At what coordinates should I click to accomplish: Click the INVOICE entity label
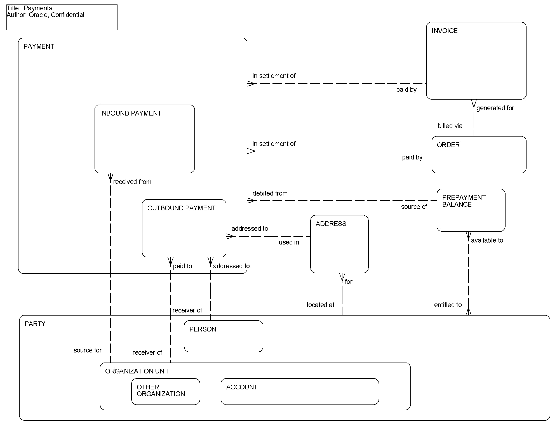point(444,31)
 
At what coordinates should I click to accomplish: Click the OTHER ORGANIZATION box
point(165,391)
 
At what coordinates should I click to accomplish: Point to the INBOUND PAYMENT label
point(130,113)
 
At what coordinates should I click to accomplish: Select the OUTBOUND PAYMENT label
point(181,208)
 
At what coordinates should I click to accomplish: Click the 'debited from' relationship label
point(270,193)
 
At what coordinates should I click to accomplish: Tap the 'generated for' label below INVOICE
point(495,108)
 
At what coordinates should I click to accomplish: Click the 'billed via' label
point(450,126)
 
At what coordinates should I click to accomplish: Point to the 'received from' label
point(132,182)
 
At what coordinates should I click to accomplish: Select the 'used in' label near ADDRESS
point(289,242)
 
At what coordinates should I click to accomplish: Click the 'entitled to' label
point(448,305)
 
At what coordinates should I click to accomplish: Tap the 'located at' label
point(320,305)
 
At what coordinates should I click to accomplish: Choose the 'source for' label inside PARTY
point(88,350)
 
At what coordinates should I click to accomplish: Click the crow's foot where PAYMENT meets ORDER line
point(251,151)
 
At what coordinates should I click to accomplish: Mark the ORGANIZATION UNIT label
point(137,371)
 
